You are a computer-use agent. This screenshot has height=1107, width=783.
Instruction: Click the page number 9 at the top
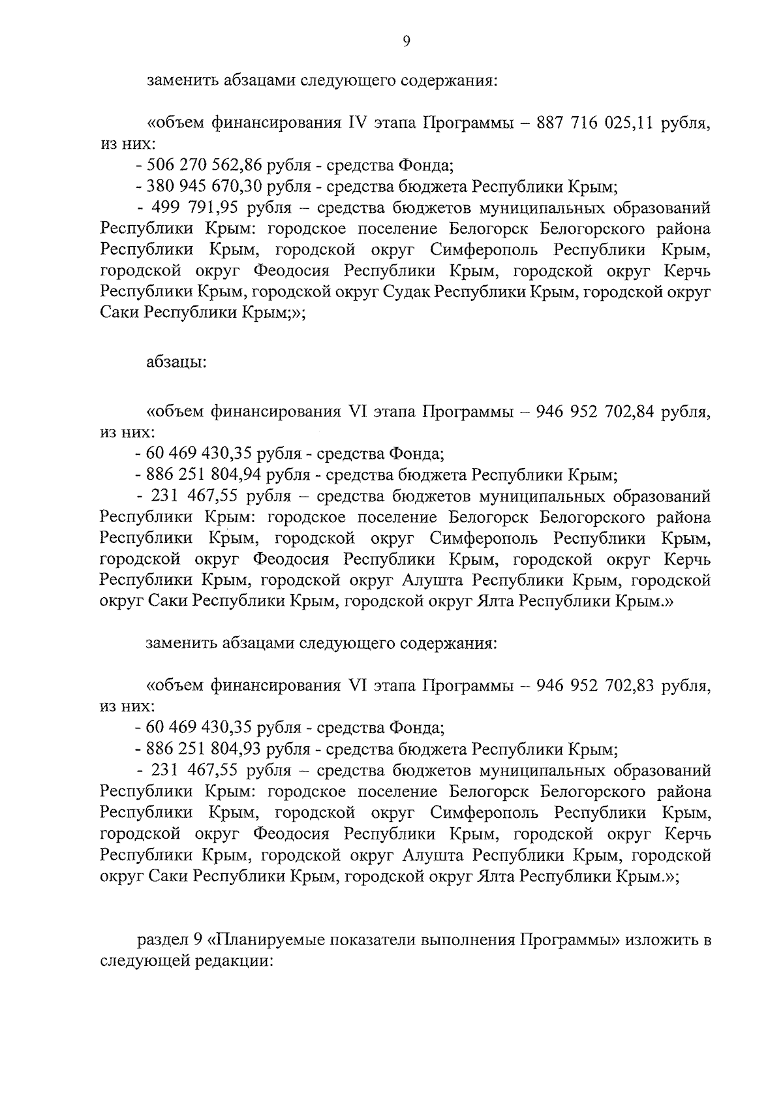pyautogui.click(x=406, y=42)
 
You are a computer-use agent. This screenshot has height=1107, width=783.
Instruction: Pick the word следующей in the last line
pyautogui.click(x=144, y=961)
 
